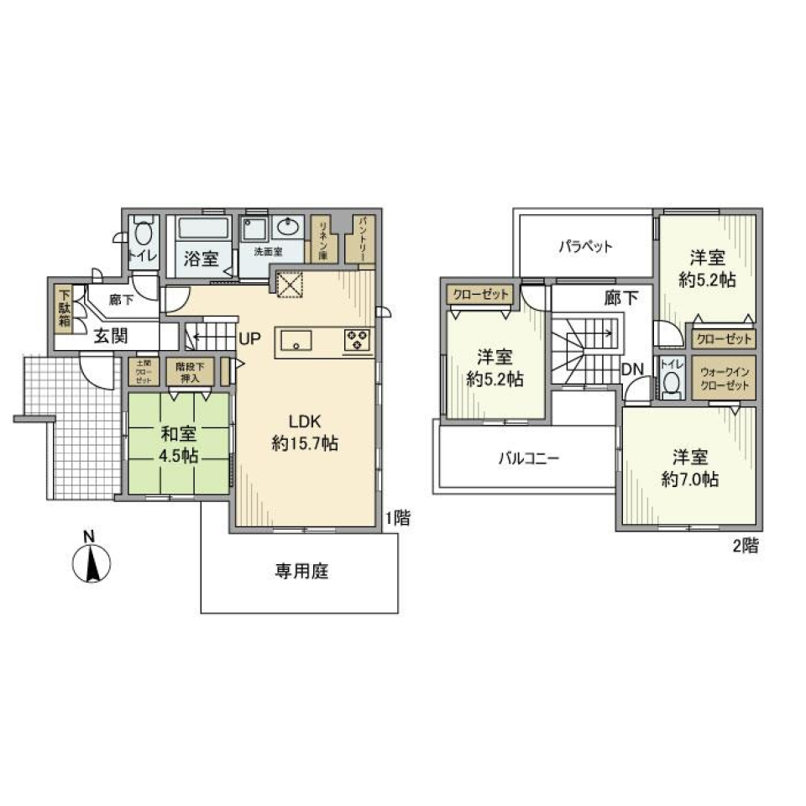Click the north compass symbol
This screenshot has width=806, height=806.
(93, 562)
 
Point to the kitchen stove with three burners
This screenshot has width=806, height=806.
(356, 340)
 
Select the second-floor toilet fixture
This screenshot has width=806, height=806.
(671, 383)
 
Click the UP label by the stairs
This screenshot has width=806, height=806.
(250, 339)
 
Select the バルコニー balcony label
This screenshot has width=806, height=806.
(528, 458)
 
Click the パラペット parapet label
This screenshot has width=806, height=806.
(585, 247)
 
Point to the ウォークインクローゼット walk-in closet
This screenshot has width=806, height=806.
(723, 374)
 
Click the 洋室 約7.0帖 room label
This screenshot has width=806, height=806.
(689, 468)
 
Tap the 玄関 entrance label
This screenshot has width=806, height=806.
(110, 337)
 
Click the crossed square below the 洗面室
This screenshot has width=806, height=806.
(289, 284)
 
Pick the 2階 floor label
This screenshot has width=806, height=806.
(746, 547)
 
